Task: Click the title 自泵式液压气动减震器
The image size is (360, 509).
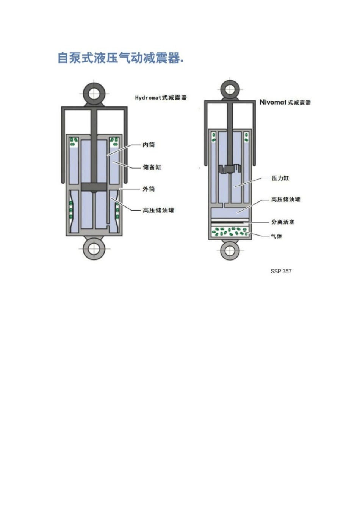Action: point(121,58)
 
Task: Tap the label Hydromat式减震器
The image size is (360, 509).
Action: point(161,98)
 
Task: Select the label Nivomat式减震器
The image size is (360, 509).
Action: point(285,102)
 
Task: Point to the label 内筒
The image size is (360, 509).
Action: point(149,145)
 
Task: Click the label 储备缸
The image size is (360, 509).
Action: point(152,167)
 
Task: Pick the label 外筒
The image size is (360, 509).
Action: point(149,189)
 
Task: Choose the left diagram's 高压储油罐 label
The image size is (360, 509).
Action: point(158,210)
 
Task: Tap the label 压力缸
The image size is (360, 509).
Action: point(280,178)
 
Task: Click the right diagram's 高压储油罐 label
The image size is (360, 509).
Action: point(285,199)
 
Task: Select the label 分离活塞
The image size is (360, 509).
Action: point(282,222)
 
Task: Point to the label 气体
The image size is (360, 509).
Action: point(277,236)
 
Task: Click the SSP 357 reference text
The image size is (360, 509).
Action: point(281,271)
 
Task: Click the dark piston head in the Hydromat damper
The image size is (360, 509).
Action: point(94,187)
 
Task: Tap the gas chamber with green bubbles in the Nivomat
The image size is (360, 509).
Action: point(230,232)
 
